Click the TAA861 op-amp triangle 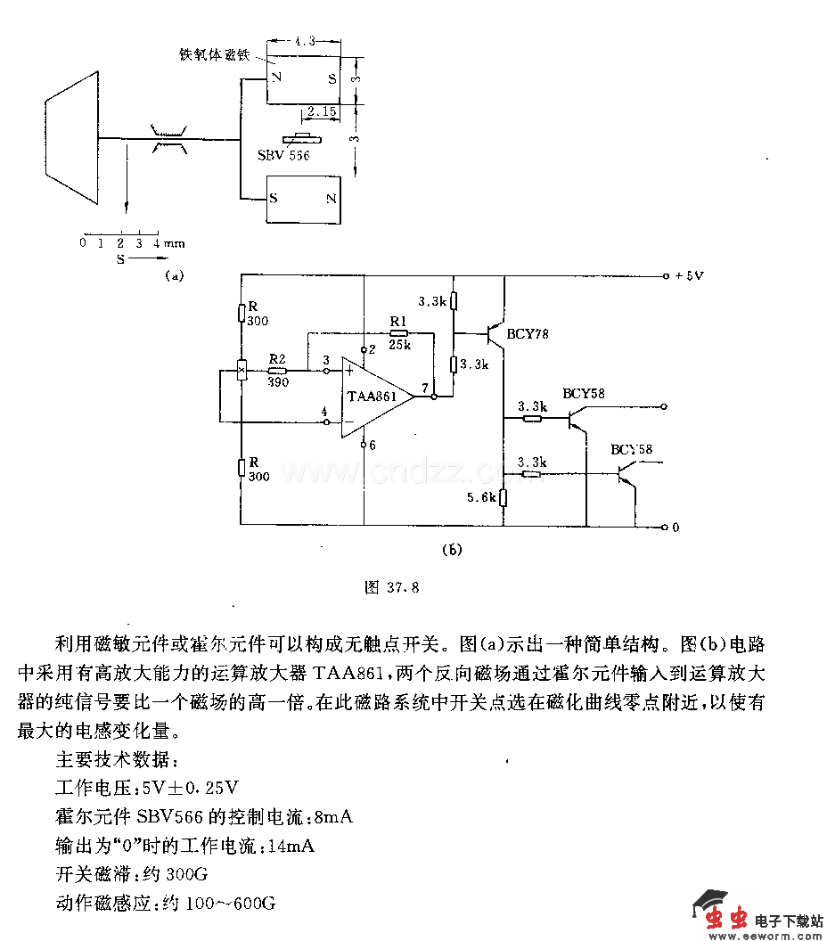point(375,397)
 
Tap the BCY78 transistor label point(528,334)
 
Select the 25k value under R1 point(398,344)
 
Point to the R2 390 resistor point(278,370)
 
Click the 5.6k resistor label point(482,498)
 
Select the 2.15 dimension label point(321,113)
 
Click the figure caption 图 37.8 point(391,587)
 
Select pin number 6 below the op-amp point(373,444)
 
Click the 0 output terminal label point(675,527)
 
